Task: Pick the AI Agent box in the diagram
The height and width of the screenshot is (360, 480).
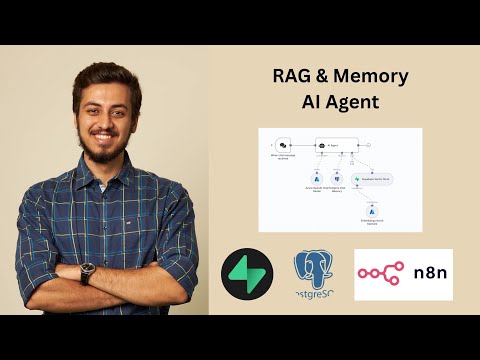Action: pyautogui.click(x=333, y=144)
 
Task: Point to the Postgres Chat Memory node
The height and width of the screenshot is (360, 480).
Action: pyautogui.click(x=338, y=177)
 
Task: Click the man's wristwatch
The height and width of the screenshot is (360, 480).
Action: pyautogui.click(x=89, y=270)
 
